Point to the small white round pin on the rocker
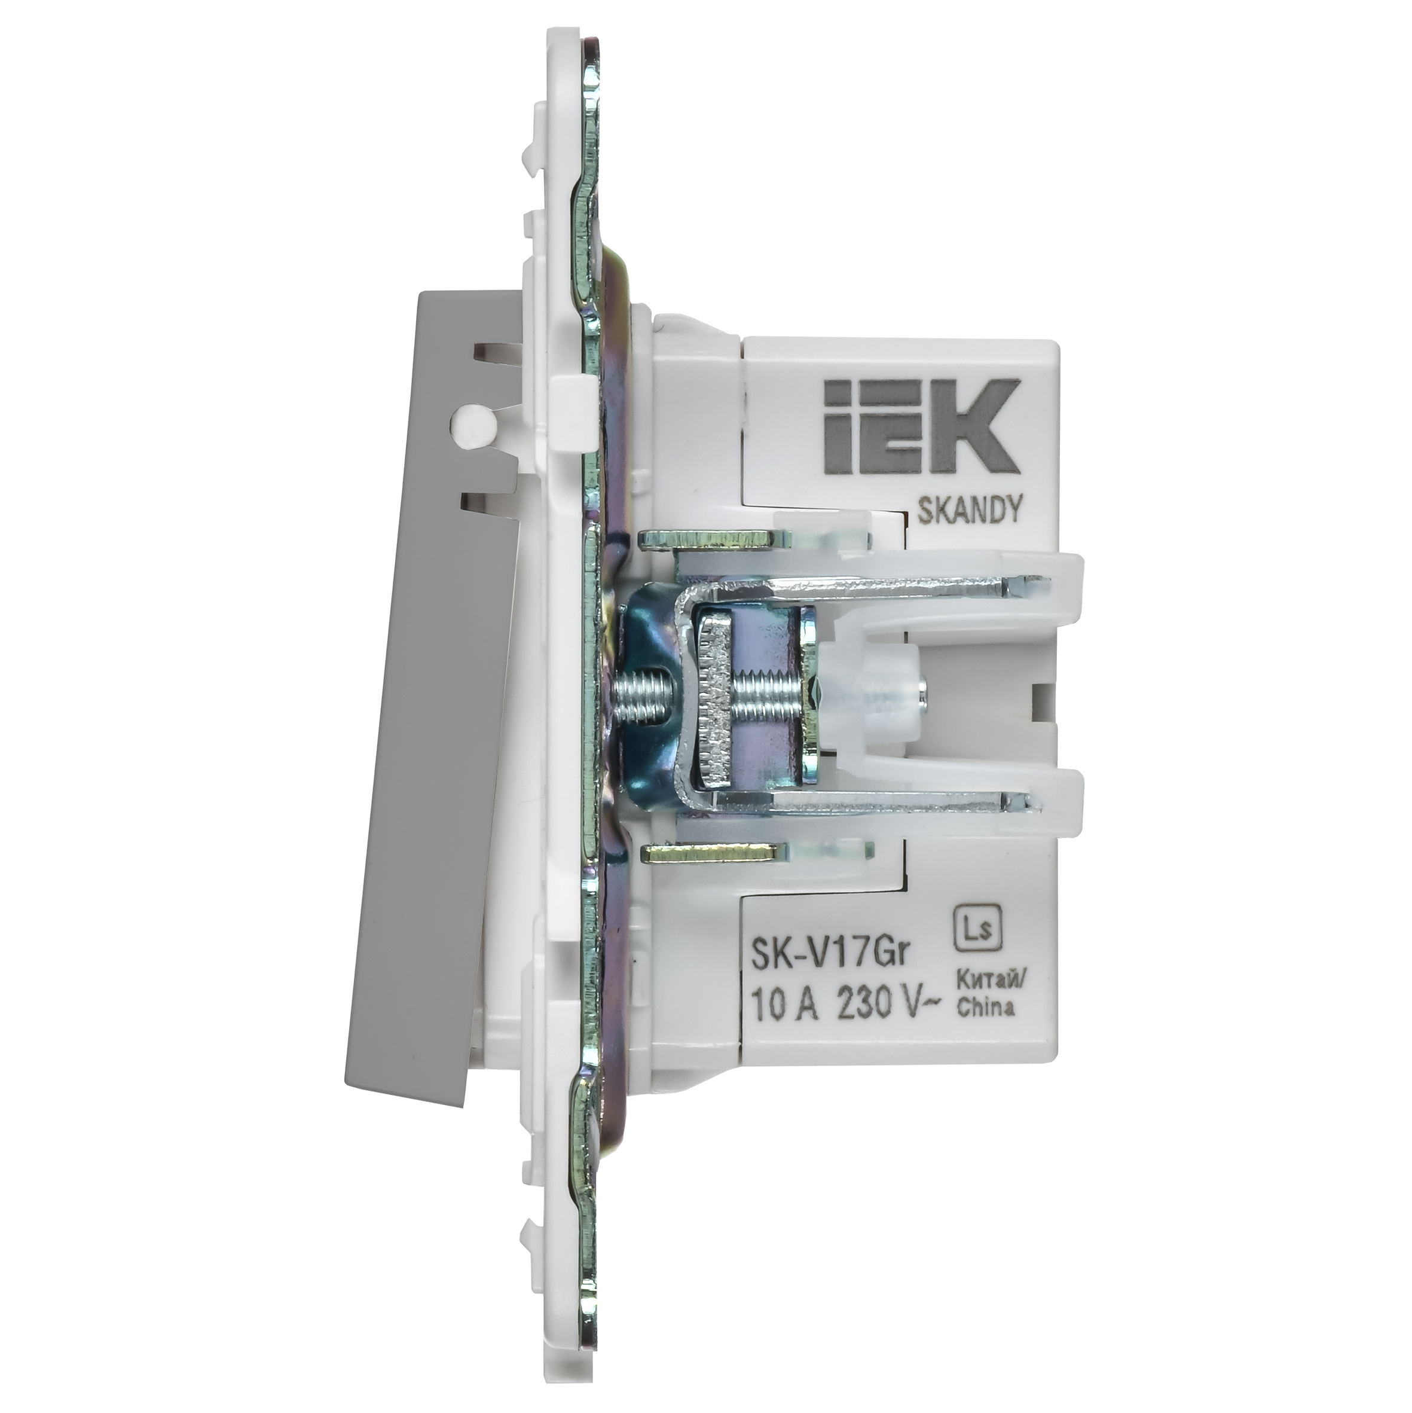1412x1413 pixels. [466, 423]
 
